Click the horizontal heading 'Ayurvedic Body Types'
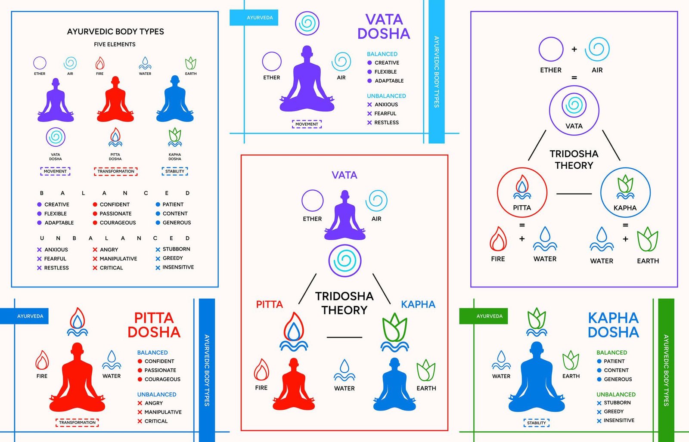[x=115, y=31]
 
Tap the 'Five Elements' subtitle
[x=115, y=44]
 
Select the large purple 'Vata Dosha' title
[x=383, y=26]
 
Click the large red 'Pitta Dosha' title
[x=154, y=325]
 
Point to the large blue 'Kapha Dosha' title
[x=613, y=325]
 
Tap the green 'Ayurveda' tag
[x=489, y=316]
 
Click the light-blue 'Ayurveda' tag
[x=260, y=18]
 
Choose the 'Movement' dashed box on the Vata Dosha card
[x=307, y=124]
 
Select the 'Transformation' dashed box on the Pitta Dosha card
[x=78, y=423]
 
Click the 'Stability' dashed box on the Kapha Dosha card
[x=537, y=423]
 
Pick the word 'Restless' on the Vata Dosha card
[x=386, y=123]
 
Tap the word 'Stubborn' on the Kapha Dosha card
[x=617, y=403]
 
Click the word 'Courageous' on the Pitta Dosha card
[x=162, y=379]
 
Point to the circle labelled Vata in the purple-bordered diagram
[x=574, y=110]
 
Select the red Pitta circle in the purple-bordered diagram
[x=522, y=192]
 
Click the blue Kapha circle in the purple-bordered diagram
[x=625, y=192]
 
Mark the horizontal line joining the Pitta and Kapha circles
[x=574, y=194]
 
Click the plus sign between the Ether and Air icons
[x=574, y=49]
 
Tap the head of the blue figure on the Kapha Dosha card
[x=537, y=349]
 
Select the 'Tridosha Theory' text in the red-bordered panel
[x=344, y=303]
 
